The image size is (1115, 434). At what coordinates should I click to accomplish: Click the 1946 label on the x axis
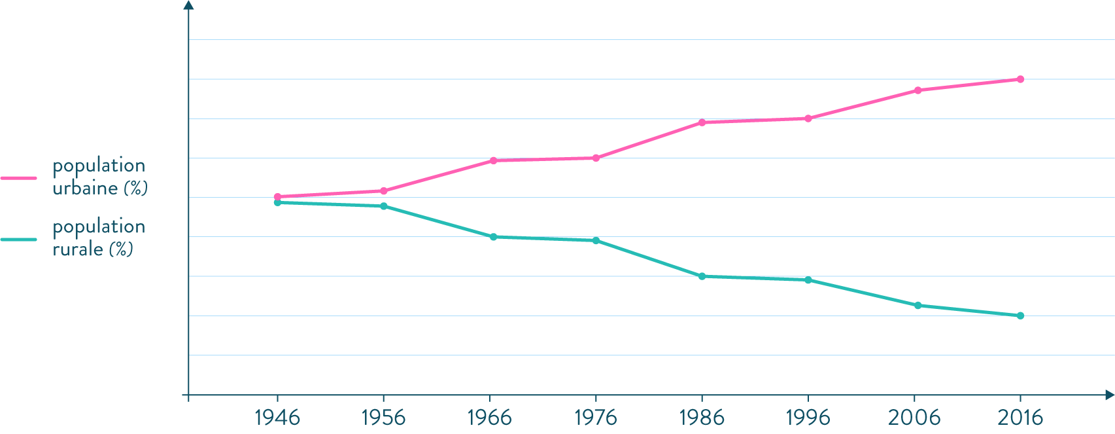click(x=277, y=417)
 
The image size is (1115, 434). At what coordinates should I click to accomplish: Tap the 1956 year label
click(x=383, y=417)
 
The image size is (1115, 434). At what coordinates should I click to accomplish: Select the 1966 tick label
click(x=490, y=417)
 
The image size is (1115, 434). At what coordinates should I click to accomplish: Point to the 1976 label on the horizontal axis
click(x=596, y=417)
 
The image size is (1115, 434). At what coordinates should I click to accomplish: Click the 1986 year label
click(x=702, y=417)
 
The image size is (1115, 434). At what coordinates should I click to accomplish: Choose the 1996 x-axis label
click(x=808, y=417)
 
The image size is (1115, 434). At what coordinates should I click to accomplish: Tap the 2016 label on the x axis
click(x=1020, y=417)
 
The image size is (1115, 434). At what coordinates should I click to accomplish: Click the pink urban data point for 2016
click(x=1020, y=79)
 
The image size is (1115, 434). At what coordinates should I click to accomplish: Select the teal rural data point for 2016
click(x=1020, y=316)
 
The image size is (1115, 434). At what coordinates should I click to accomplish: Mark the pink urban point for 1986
click(x=702, y=122)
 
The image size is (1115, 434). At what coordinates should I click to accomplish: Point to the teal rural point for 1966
click(x=493, y=236)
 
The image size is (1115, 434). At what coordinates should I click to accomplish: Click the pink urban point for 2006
click(x=918, y=90)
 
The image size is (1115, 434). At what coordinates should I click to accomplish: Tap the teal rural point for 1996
click(x=808, y=280)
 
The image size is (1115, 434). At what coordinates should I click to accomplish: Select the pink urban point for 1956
click(x=383, y=191)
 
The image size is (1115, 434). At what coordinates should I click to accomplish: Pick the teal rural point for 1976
click(x=596, y=241)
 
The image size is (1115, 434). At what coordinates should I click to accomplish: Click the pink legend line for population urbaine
click(x=18, y=177)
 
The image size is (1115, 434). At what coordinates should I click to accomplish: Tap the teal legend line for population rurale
click(x=18, y=239)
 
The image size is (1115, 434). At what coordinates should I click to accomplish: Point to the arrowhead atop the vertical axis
click(x=188, y=5)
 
